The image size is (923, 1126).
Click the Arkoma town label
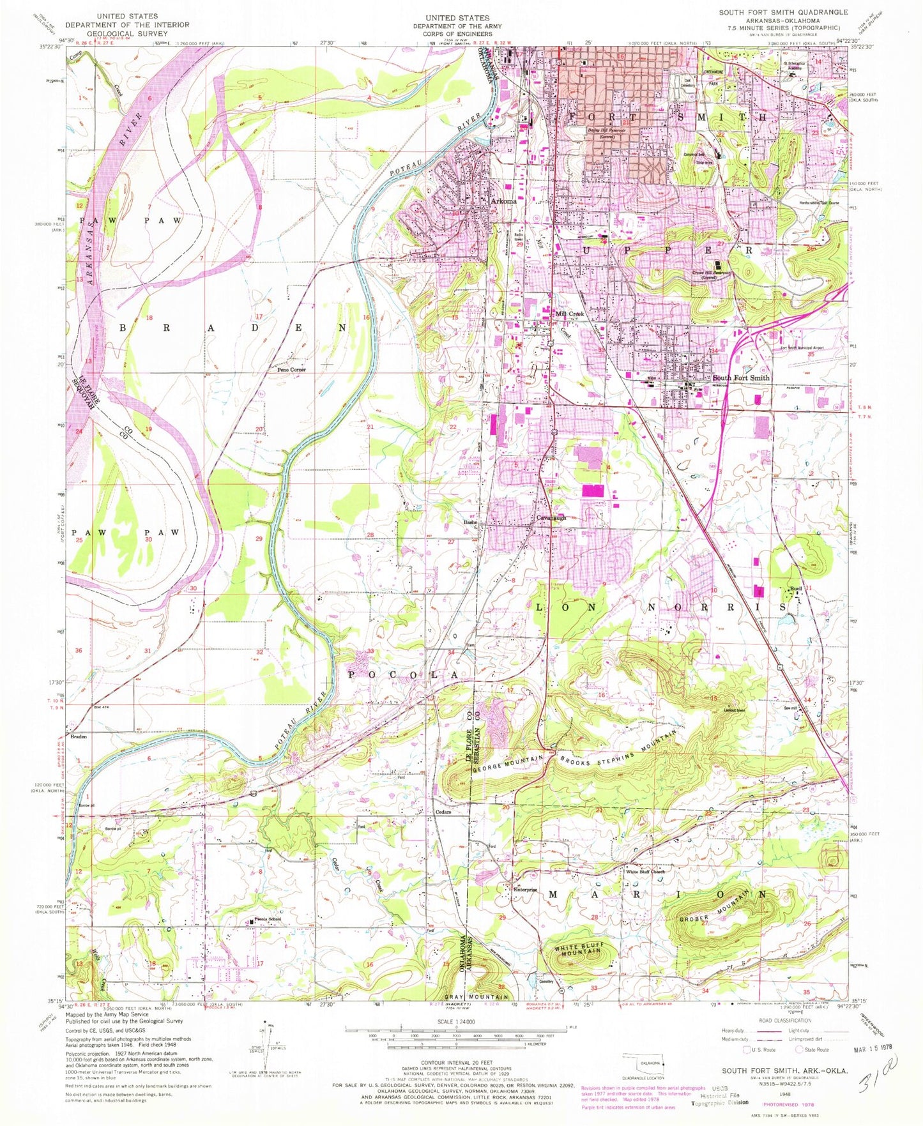coord(503,201)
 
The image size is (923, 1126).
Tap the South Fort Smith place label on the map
coord(741,377)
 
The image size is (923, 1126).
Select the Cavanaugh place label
coord(551,517)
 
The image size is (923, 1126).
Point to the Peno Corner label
coord(291,370)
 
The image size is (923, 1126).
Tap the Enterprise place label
coord(523,890)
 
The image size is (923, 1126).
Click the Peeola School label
coord(268,920)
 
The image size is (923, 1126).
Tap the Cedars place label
coord(444,812)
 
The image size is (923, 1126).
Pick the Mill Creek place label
coord(570,314)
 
